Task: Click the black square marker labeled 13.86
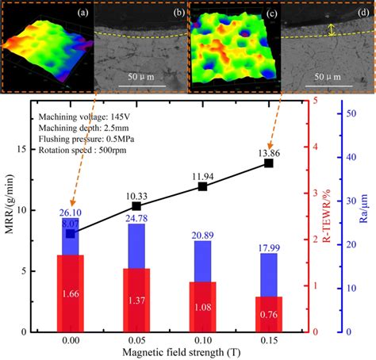tap(269, 163)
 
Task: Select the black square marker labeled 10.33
tap(136, 206)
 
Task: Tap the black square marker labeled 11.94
tap(203, 186)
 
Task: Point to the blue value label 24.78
tap(136, 218)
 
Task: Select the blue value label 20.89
tap(203, 236)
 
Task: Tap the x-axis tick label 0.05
tap(136, 339)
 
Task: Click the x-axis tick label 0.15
tap(269, 339)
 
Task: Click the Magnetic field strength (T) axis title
tap(170, 352)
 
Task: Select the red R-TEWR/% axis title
tap(325, 216)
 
